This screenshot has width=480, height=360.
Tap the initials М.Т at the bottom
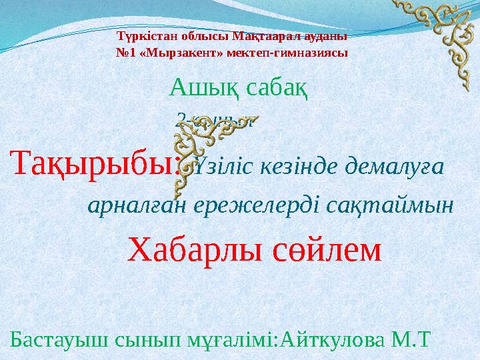click(416, 341)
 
